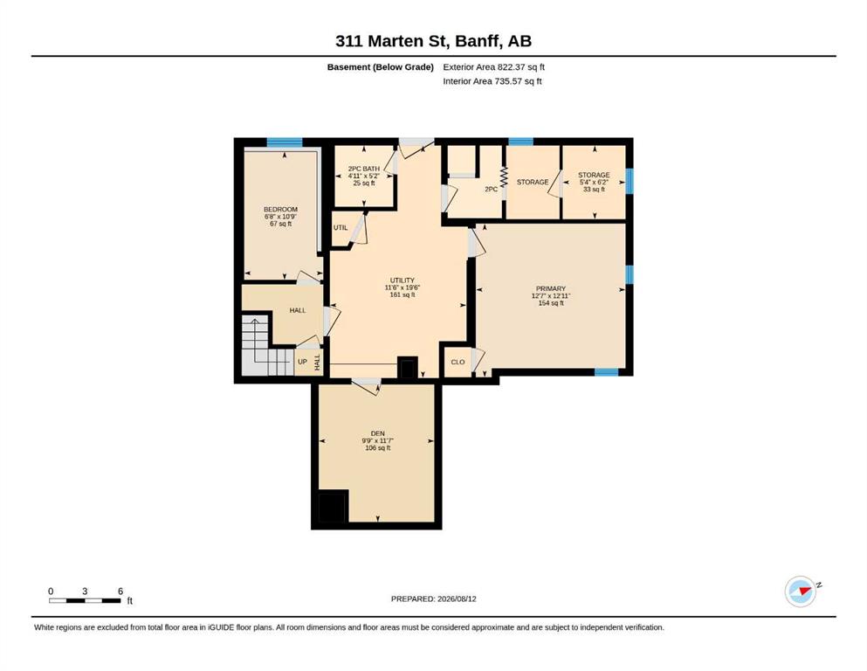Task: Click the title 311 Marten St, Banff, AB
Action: pyautogui.click(x=433, y=41)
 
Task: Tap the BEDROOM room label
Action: pyautogui.click(x=280, y=209)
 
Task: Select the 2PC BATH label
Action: pyautogui.click(x=364, y=169)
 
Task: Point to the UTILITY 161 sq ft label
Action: pyautogui.click(x=402, y=287)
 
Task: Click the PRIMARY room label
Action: pyautogui.click(x=551, y=288)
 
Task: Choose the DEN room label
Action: pyautogui.click(x=378, y=433)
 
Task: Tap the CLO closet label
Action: pyautogui.click(x=458, y=362)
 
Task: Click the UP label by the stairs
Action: pyautogui.click(x=302, y=362)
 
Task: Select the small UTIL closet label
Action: pyautogui.click(x=341, y=227)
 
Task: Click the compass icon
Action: pyautogui.click(x=801, y=591)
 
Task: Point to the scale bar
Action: pyautogui.click(x=86, y=600)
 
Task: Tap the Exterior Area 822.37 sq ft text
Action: pyautogui.click(x=494, y=67)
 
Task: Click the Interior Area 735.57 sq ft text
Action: pyautogui.click(x=492, y=81)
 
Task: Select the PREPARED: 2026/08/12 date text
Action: pyautogui.click(x=433, y=598)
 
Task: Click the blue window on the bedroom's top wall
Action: pyautogui.click(x=285, y=142)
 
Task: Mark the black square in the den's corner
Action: pyautogui.click(x=333, y=507)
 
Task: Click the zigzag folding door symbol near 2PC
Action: pyautogui.click(x=503, y=177)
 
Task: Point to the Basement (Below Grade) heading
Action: pyautogui.click(x=381, y=67)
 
